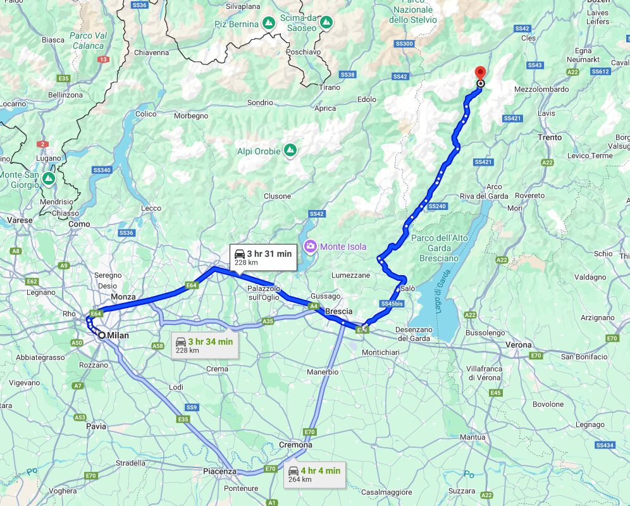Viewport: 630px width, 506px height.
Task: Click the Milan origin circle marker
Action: click(101, 335)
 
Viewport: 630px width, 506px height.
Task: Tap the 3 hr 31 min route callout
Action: click(262, 257)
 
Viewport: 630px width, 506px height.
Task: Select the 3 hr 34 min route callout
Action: click(204, 345)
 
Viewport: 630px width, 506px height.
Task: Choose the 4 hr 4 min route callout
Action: click(313, 474)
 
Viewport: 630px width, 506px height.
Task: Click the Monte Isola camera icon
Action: click(311, 246)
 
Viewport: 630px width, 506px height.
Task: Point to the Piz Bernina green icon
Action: click(268, 23)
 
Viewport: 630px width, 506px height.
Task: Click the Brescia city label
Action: click(338, 312)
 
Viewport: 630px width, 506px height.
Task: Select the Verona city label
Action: click(519, 345)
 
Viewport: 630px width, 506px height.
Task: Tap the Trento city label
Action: click(550, 137)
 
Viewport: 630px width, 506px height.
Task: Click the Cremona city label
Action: click(296, 445)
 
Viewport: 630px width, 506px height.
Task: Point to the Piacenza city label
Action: click(219, 471)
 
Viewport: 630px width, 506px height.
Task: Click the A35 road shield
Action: click(268, 322)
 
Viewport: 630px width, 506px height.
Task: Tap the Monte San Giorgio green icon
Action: click(49, 180)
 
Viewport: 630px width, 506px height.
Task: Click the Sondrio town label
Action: click(260, 102)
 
